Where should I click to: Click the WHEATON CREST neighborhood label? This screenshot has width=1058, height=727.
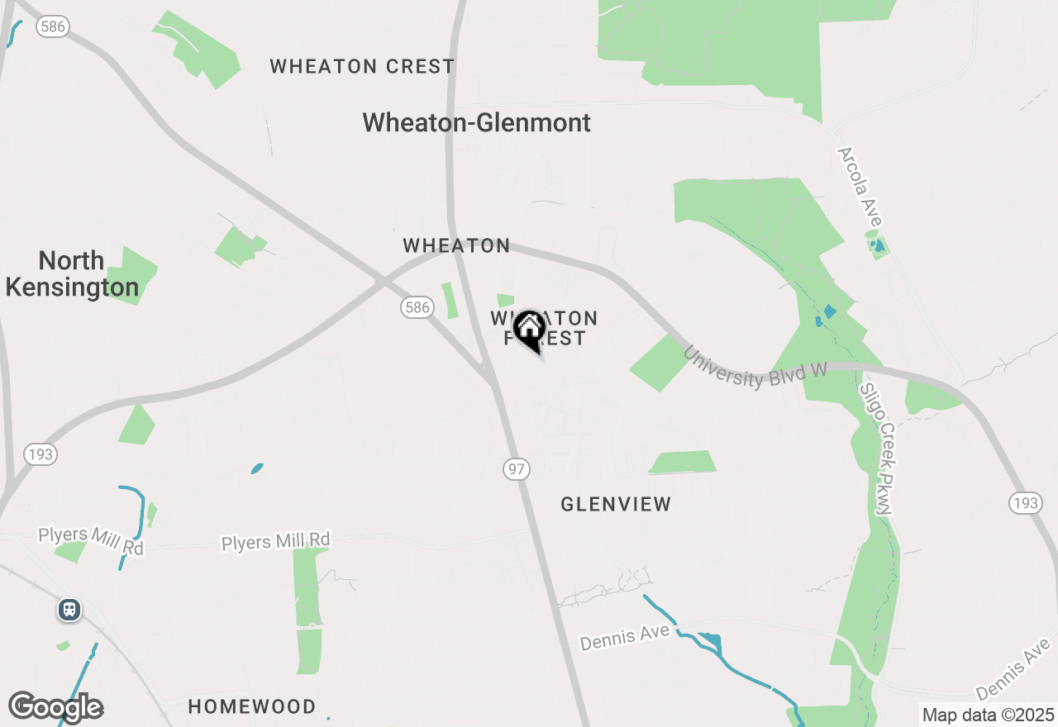pos(362,66)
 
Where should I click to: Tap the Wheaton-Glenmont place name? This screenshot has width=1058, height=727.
pos(477,122)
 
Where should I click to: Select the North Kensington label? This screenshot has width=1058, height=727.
pos(72,273)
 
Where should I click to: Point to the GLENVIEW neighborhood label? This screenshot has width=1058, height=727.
pos(616,504)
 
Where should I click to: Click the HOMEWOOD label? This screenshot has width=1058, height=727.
pos(251,706)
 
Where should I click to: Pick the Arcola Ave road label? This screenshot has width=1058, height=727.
pos(860,186)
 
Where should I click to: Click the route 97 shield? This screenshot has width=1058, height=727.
pos(517,469)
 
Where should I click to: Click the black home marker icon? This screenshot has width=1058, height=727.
pos(529,330)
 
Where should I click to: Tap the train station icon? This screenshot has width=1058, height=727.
pos(69,610)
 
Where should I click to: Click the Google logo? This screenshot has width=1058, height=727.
pos(56,707)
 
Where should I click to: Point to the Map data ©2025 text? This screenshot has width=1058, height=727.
pos(988,715)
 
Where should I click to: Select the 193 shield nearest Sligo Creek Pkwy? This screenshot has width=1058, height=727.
pos(1025,502)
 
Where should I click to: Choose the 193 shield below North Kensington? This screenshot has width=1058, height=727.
pos(41,454)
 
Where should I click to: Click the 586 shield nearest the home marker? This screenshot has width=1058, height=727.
pos(417,307)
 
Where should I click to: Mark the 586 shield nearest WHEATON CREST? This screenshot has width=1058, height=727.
pos(52,27)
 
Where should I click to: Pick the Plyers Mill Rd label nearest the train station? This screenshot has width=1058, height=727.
pos(91,540)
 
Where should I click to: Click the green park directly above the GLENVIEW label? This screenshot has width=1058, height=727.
pos(683,463)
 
